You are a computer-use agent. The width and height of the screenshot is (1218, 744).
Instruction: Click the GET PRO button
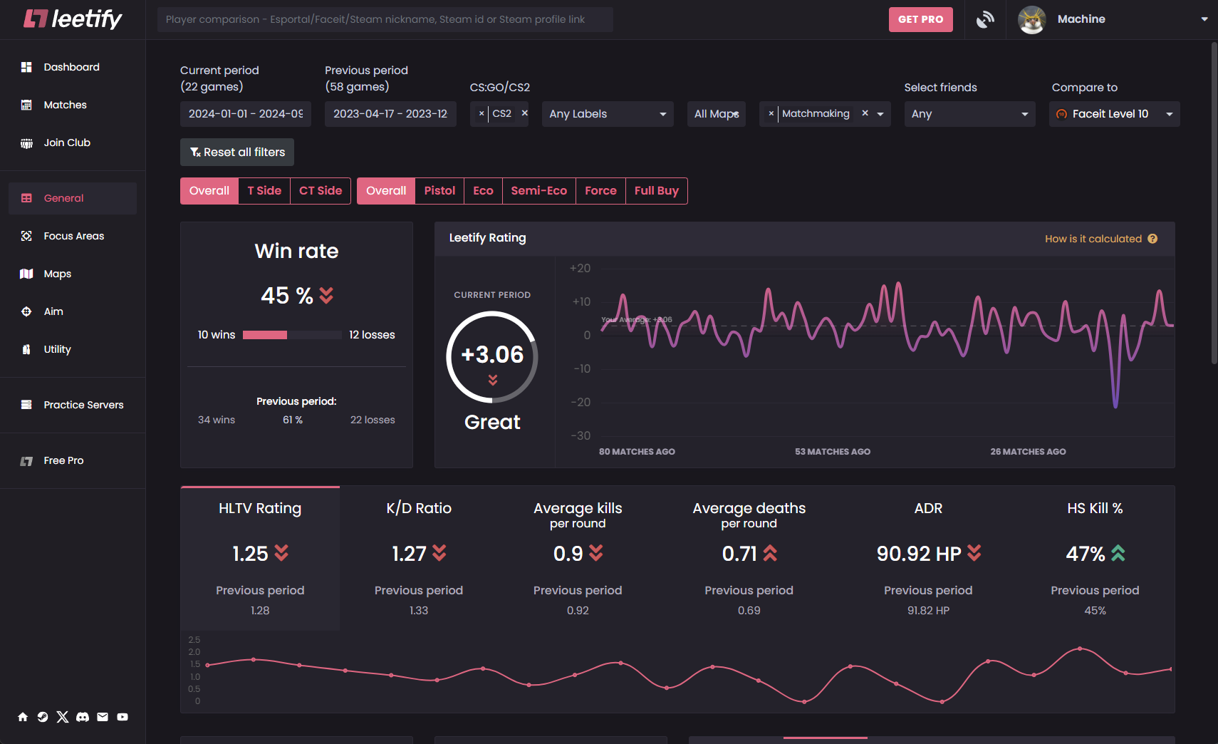(x=920, y=19)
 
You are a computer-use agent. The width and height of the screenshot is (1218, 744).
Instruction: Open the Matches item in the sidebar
(x=65, y=105)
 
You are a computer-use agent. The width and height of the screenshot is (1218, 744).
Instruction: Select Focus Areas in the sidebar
(x=73, y=236)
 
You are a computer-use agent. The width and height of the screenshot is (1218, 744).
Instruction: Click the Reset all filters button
(x=237, y=152)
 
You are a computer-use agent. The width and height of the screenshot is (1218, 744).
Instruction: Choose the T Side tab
(x=264, y=191)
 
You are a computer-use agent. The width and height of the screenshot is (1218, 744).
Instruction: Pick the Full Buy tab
(x=656, y=191)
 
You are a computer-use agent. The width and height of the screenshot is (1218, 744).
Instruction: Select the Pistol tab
(x=439, y=191)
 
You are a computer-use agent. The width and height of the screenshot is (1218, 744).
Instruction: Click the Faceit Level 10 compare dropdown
(x=1114, y=114)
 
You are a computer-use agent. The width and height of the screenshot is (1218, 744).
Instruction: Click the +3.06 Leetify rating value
(x=492, y=355)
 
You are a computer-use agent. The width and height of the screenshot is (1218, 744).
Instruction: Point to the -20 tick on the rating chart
(x=581, y=402)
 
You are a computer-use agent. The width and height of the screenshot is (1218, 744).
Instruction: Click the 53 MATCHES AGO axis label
(x=833, y=452)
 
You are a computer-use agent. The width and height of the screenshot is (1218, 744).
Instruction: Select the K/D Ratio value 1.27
(x=410, y=554)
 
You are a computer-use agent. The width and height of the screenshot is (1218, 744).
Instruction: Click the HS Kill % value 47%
(x=1086, y=554)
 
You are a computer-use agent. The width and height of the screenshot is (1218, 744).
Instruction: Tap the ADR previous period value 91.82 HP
(x=928, y=611)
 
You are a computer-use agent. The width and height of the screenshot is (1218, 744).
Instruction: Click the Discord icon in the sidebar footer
(x=83, y=717)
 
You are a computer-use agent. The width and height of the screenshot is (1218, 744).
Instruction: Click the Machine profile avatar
(x=1031, y=19)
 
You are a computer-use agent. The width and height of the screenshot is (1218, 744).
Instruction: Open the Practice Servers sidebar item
(x=83, y=405)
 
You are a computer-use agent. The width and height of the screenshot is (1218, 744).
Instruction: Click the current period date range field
(x=245, y=114)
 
